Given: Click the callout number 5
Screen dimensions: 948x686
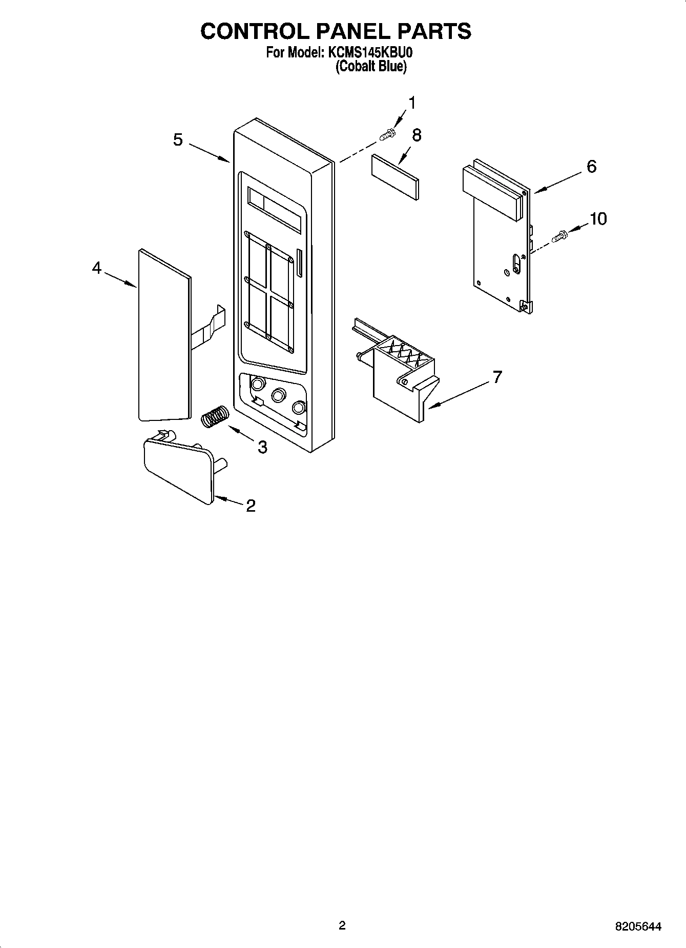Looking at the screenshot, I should coord(178,139).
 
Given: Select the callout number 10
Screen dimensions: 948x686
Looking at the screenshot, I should coord(598,219).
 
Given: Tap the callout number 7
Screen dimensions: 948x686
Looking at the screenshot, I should coord(496,377).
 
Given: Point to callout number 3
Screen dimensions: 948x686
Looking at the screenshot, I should coord(262,447).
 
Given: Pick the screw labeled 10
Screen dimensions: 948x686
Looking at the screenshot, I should coord(560,237).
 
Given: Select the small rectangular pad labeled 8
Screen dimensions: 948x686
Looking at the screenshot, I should coord(395,176).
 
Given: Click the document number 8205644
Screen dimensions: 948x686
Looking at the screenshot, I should coord(638,926).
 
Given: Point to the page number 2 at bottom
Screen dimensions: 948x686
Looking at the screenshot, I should coord(342,925).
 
